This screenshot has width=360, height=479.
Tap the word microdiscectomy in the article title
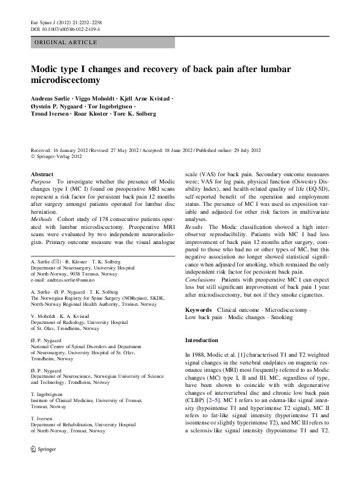pyautogui.click(x=65, y=80)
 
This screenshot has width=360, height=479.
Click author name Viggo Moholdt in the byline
pyautogui.click(x=94, y=98)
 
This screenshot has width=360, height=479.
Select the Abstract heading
pyautogui.click(x=42, y=174)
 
